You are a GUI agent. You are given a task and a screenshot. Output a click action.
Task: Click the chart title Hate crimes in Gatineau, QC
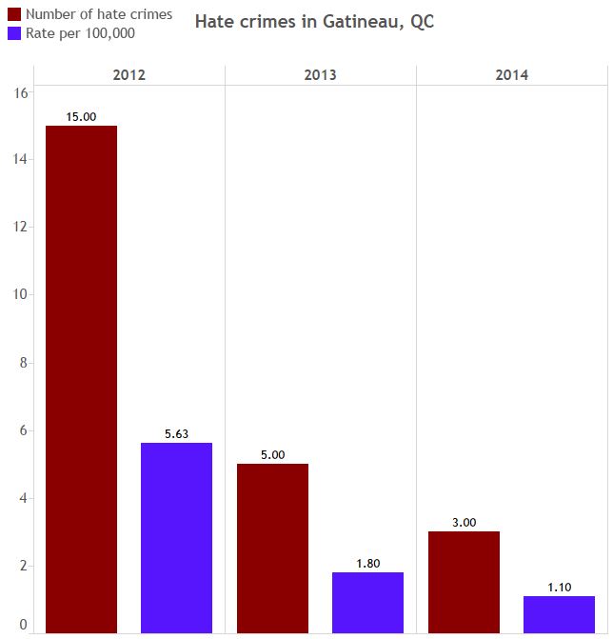click(x=314, y=22)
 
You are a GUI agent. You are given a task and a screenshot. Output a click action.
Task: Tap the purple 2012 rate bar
click(x=176, y=537)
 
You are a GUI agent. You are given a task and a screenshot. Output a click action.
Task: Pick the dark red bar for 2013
click(x=272, y=548)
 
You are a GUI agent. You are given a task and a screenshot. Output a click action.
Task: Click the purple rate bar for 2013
click(x=367, y=602)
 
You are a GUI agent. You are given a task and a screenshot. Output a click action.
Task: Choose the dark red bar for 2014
click(x=464, y=582)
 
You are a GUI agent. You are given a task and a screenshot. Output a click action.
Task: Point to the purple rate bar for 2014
click(x=559, y=614)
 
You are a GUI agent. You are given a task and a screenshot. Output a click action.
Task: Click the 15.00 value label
click(x=82, y=116)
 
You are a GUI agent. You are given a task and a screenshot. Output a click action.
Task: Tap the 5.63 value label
click(x=176, y=433)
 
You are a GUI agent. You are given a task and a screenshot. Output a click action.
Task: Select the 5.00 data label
click(x=272, y=454)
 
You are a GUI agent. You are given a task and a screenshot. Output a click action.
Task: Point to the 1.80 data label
click(x=367, y=563)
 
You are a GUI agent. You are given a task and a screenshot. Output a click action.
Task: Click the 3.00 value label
click(x=464, y=522)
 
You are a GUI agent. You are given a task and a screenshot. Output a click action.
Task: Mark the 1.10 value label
click(x=559, y=587)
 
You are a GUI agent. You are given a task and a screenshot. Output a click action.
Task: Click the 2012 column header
click(x=129, y=75)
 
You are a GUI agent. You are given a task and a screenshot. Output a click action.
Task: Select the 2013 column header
click(x=320, y=75)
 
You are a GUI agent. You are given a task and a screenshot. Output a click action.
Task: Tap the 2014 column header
click(x=511, y=75)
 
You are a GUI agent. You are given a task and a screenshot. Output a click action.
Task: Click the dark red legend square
click(x=13, y=14)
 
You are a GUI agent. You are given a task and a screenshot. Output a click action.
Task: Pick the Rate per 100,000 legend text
click(x=80, y=33)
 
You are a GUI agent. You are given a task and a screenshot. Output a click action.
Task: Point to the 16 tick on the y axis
click(x=22, y=91)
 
